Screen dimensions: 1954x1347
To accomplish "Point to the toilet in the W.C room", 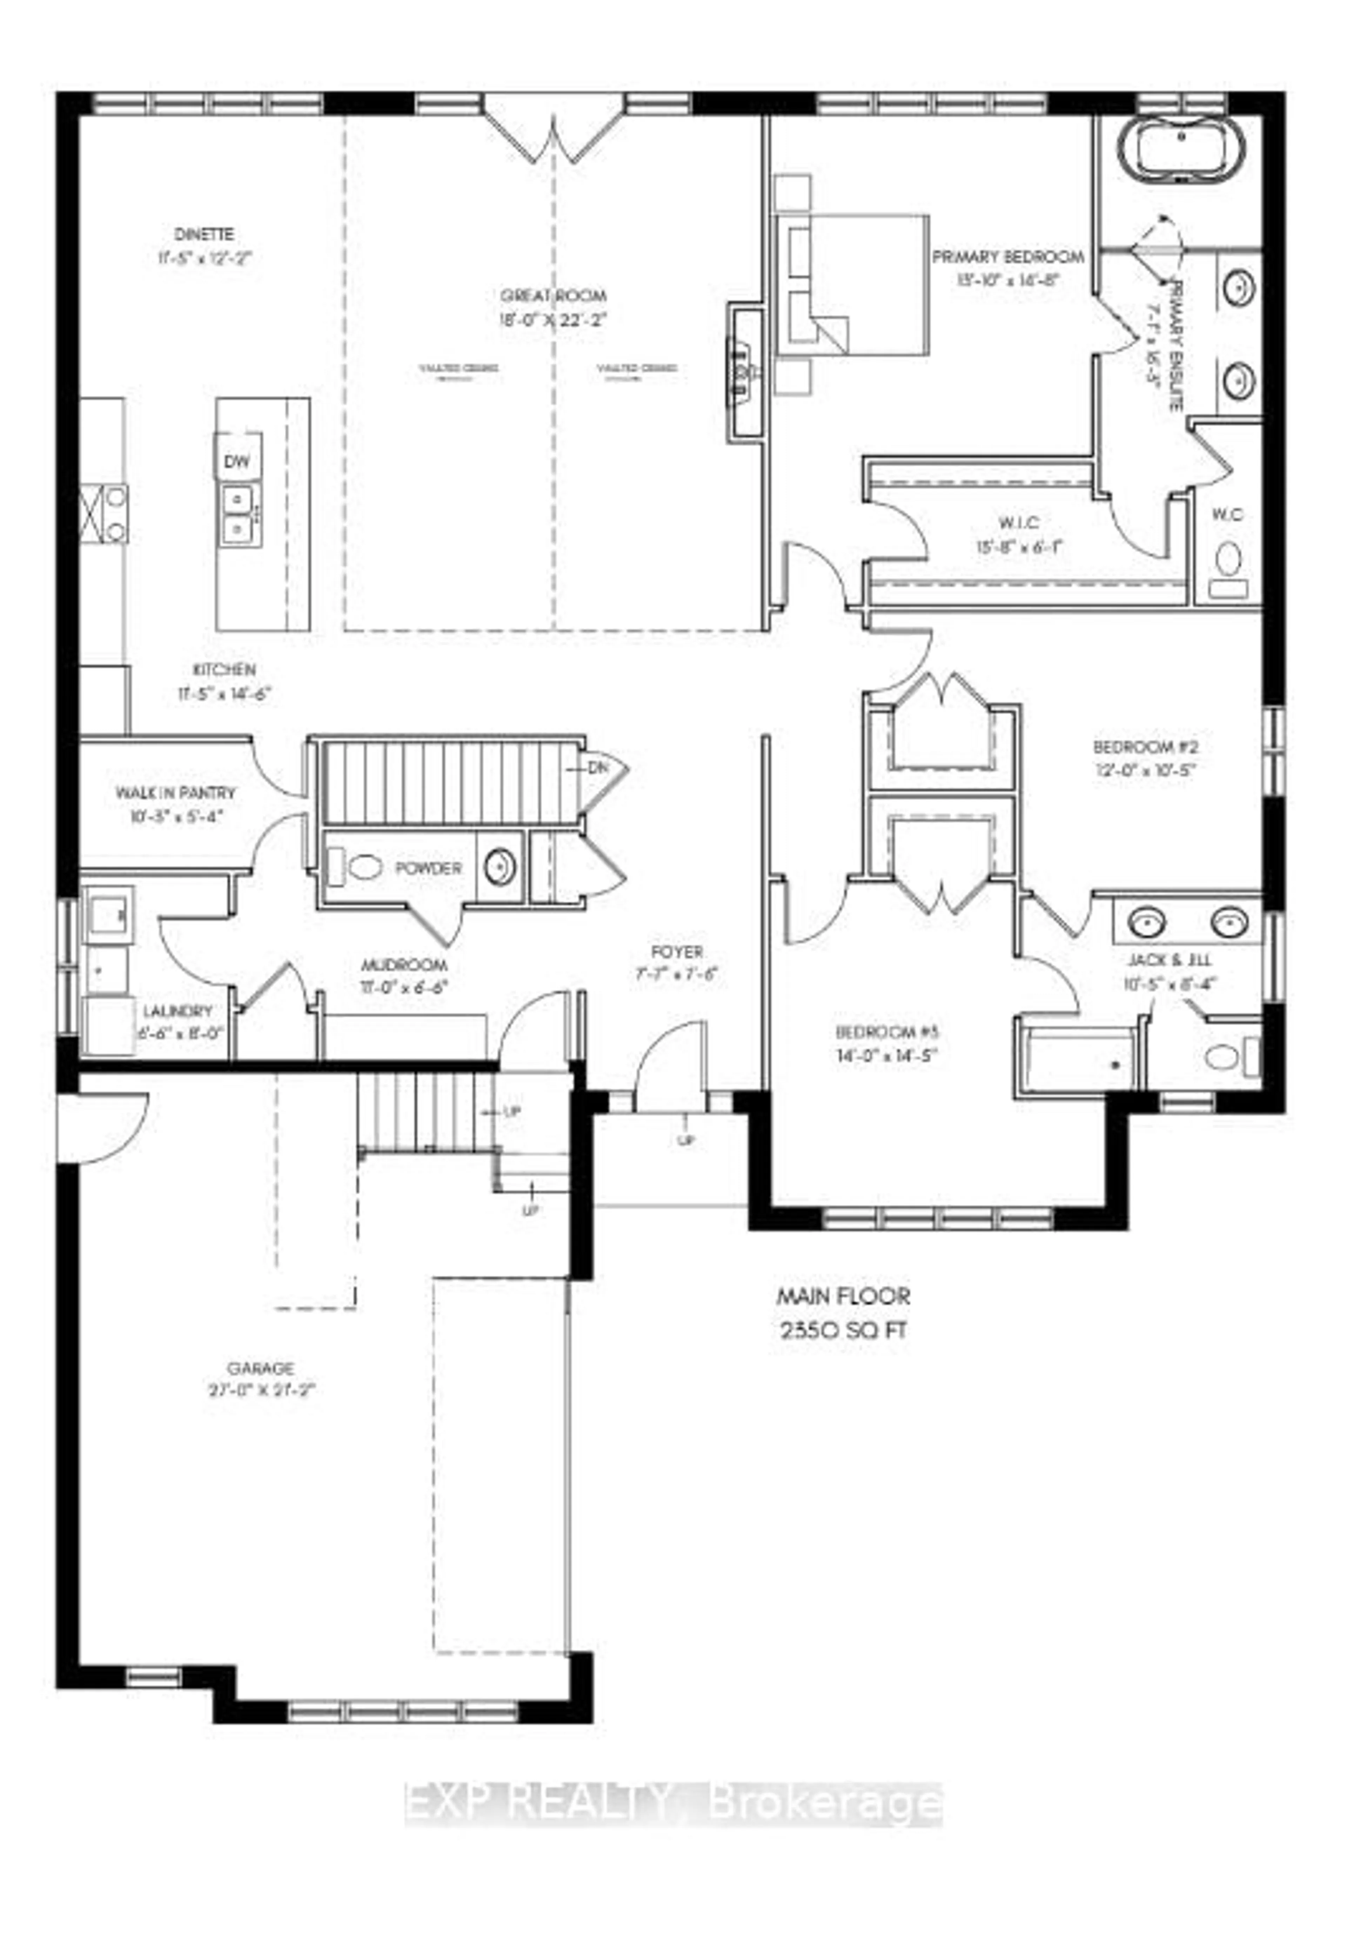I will [x=1229, y=560].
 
